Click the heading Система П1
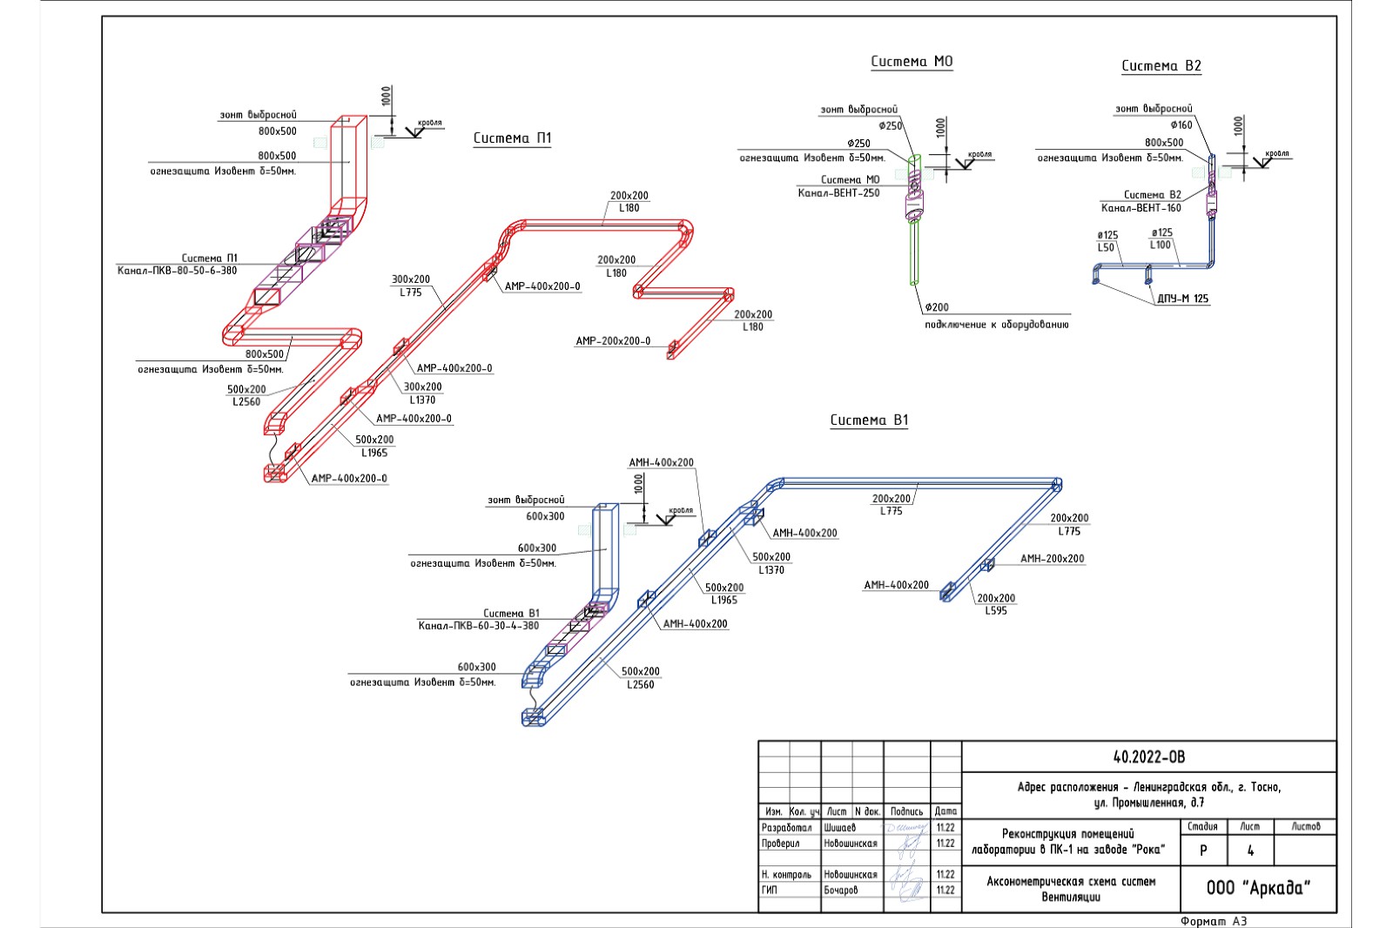[512, 138]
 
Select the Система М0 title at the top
[912, 62]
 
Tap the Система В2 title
[1161, 66]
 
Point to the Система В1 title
[868, 420]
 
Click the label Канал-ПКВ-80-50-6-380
[177, 271]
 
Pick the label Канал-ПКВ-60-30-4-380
[478, 626]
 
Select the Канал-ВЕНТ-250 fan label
[838, 193]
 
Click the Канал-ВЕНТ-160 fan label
[1141, 208]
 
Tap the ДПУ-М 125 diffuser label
[1182, 299]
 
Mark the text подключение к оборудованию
[996, 325]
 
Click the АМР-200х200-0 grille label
[612, 341]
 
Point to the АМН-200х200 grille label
[1052, 559]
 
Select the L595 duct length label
[995, 611]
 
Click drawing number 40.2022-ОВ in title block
[1148, 757]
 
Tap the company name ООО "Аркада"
[1258, 888]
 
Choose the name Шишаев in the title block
[839, 828]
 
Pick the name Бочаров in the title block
[840, 891]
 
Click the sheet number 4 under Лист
[1250, 851]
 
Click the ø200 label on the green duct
[937, 307]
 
